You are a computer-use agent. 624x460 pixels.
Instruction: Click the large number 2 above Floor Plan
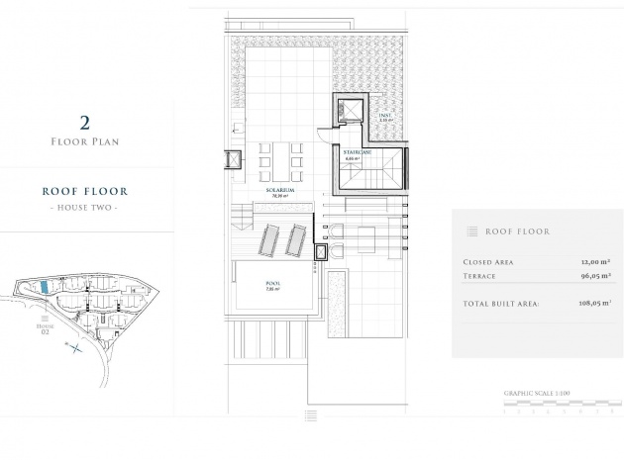click(x=84, y=123)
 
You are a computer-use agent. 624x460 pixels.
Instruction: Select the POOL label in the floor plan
click(x=272, y=284)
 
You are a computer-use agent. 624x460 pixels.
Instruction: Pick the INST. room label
click(x=385, y=115)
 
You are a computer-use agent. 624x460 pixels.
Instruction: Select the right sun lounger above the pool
click(x=295, y=238)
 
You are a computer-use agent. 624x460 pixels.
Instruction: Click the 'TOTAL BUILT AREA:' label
click(x=501, y=304)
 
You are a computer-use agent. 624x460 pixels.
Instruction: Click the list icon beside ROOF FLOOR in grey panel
click(x=471, y=231)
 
